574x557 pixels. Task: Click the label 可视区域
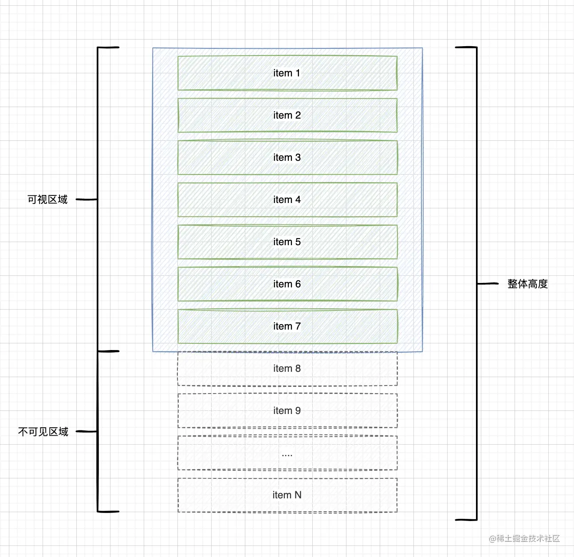click(47, 200)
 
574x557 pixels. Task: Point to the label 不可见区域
click(43, 432)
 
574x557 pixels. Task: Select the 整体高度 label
click(527, 284)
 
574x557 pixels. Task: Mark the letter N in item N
click(298, 495)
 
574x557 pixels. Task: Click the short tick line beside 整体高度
click(488, 283)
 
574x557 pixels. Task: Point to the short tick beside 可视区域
click(86, 200)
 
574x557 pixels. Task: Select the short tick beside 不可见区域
click(86, 431)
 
